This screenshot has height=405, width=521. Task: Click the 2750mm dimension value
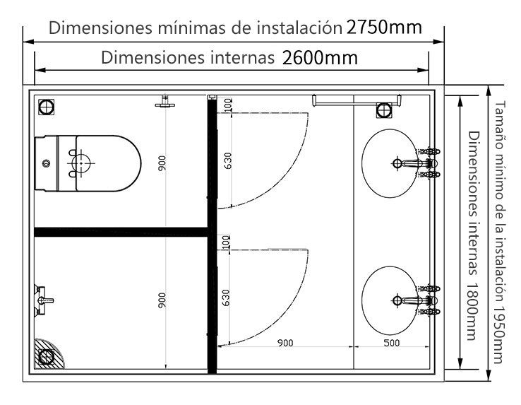pyautogui.click(x=384, y=27)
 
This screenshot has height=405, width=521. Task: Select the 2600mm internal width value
pyautogui.click(x=320, y=58)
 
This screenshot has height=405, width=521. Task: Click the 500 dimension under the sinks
pyautogui.click(x=391, y=343)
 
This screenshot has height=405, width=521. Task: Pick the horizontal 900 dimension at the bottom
pyautogui.click(x=285, y=343)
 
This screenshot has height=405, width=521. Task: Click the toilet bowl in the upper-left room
pyautogui.click(x=88, y=163)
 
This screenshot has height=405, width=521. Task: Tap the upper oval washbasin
pyautogui.click(x=390, y=163)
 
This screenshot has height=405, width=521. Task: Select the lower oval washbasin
pyautogui.click(x=390, y=300)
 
